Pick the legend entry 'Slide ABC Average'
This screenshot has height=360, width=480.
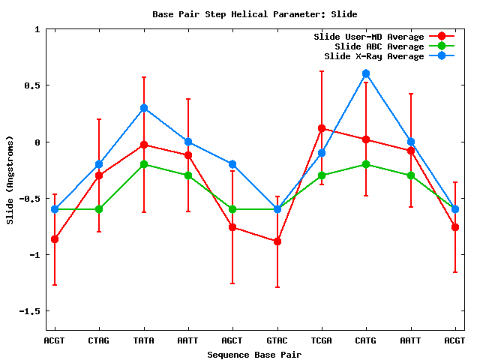click(379, 46)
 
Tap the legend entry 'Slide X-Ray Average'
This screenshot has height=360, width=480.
click(374, 56)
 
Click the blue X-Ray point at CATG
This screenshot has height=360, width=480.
click(366, 73)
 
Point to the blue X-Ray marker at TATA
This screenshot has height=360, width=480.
click(143, 108)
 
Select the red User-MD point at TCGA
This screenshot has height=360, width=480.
click(322, 128)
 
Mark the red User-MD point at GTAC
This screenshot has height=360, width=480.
click(277, 241)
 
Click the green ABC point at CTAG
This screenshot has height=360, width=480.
click(99, 209)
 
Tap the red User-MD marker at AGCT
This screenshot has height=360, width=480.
click(232, 227)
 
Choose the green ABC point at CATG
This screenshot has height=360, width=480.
click(366, 164)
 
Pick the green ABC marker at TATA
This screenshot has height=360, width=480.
click(143, 164)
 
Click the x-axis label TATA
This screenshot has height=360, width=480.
click(143, 340)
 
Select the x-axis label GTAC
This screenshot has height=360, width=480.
click(277, 340)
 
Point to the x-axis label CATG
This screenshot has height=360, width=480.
click(366, 340)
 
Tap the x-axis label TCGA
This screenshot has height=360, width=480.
click(322, 340)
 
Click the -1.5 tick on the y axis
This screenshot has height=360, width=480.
click(29, 310)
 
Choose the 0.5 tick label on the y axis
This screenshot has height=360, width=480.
click(31, 85)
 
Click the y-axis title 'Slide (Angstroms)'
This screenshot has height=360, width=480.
click(10, 180)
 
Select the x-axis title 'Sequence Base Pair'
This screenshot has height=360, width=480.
click(254, 354)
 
